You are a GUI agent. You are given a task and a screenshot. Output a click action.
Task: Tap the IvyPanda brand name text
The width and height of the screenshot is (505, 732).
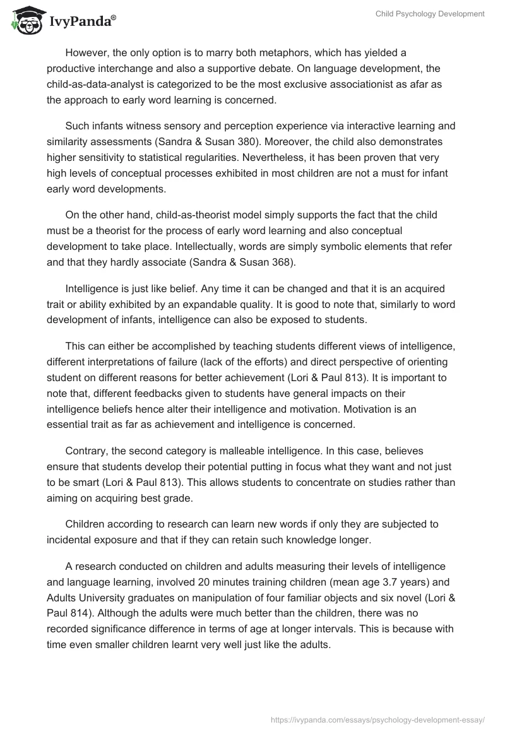pyautogui.click(x=81, y=23)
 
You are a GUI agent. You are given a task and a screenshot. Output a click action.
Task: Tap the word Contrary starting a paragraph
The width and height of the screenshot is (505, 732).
pyautogui.click(x=86, y=451)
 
